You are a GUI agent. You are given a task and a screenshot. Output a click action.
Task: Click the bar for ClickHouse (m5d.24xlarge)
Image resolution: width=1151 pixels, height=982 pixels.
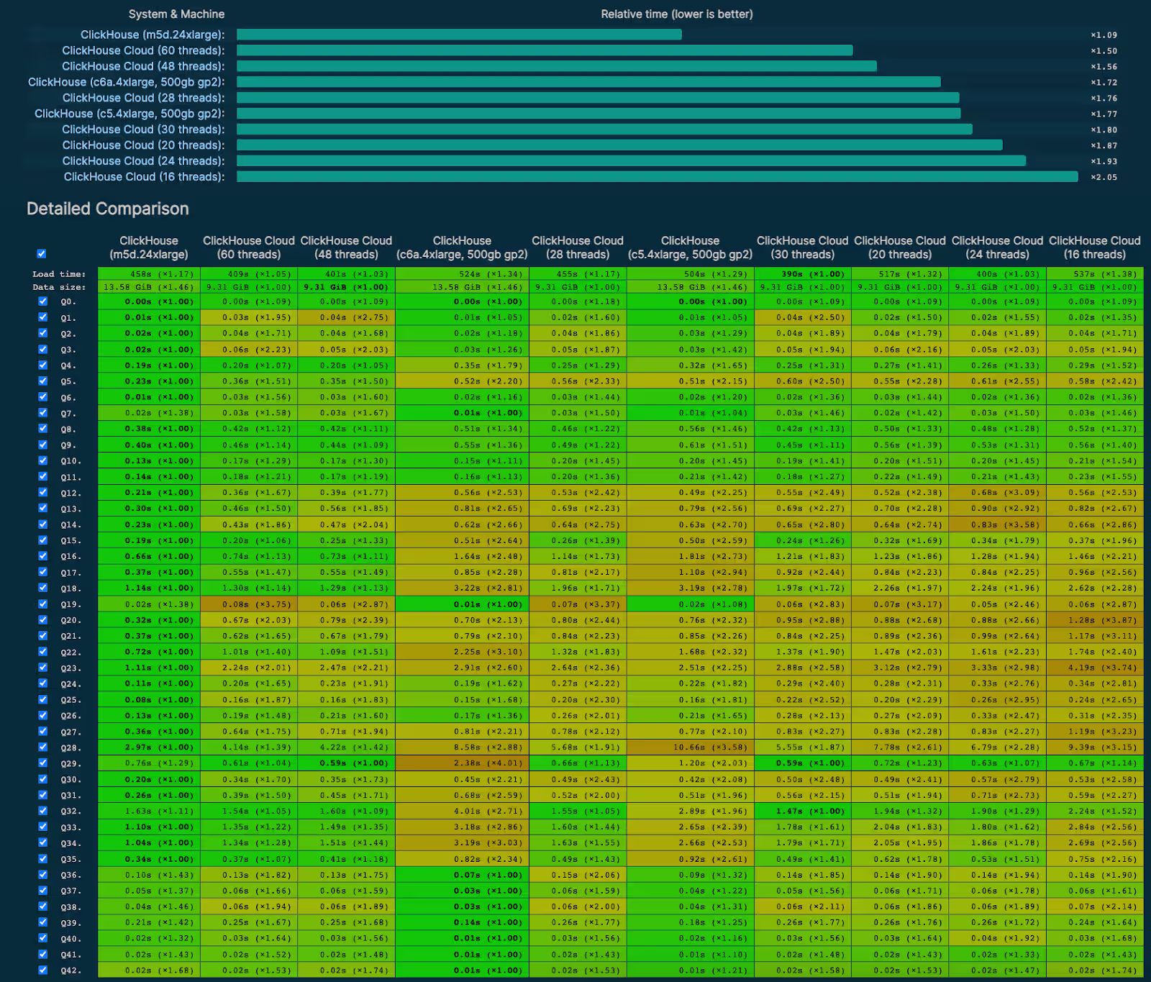tap(459, 35)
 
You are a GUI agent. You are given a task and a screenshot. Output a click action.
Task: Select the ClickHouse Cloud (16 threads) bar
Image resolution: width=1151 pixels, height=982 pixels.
tap(657, 177)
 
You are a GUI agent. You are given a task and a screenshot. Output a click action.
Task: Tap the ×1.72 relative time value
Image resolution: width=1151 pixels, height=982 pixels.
tap(1104, 83)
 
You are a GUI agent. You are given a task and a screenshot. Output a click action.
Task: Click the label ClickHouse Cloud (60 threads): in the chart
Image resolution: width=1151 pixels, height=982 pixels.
tap(143, 50)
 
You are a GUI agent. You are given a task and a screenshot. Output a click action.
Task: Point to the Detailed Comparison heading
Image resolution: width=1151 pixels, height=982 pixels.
tap(108, 209)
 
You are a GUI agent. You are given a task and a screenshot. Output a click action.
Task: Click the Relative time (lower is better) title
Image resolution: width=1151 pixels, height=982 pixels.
tap(676, 14)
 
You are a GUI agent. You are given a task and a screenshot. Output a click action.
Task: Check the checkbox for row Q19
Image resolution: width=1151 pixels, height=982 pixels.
tap(42, 604)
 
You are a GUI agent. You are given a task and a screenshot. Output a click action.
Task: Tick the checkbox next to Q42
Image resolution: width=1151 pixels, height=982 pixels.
tap(42, 970)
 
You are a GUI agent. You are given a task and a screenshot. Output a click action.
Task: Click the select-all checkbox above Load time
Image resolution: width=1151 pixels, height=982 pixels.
tap(42, 253)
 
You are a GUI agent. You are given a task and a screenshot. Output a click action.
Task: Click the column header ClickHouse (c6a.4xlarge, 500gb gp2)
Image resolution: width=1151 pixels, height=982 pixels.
tap(462, 247)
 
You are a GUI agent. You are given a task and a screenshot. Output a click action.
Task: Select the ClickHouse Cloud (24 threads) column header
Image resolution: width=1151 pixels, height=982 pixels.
tap(997, 247)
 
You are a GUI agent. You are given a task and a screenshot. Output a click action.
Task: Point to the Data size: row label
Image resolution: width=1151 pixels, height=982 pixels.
tap(58, 287)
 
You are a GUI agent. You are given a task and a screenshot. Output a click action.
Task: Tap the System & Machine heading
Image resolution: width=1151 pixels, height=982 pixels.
tap(176, 14)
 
